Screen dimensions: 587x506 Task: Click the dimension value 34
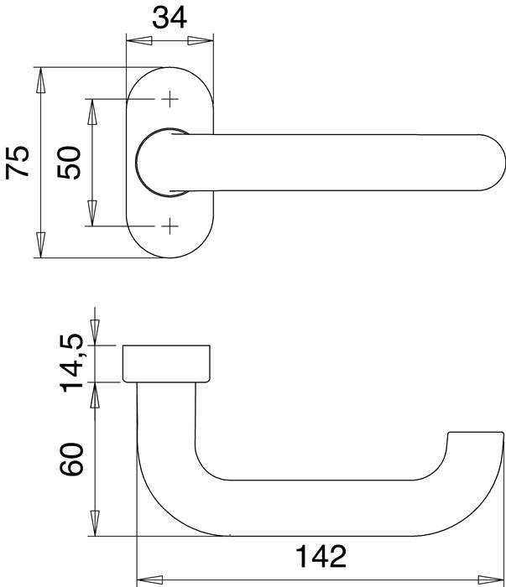click(170, 17)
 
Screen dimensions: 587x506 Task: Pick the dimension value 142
click(321, 556)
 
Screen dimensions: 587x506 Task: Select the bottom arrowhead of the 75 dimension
click(39, 247)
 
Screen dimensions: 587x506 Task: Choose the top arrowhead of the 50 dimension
click(91, 109)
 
